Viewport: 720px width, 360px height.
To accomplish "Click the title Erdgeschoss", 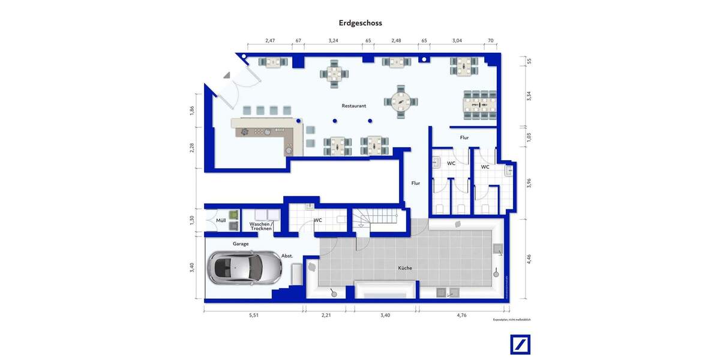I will (360, 23).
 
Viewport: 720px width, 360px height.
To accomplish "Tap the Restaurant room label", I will (354, 106).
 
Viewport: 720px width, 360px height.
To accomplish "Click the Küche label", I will (405, 268).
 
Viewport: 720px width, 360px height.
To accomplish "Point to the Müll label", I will (221, 221).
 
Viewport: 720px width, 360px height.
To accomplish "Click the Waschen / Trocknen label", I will (261, 226).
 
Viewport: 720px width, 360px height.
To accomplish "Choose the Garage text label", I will (241, 244).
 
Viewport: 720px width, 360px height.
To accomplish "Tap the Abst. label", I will (287, 256).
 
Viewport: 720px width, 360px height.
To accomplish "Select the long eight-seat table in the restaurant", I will (480, 104).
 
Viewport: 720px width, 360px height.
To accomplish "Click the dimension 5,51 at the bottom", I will (253, 314).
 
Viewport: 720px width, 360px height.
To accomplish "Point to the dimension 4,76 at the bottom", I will (461, 314).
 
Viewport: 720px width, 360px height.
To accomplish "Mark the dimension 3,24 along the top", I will (334, 41).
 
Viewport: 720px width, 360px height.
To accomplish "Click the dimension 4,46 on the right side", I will (529, 259).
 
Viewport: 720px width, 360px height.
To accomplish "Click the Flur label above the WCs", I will (464, 137).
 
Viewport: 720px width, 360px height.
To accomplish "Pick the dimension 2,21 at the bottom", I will (326, 314).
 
